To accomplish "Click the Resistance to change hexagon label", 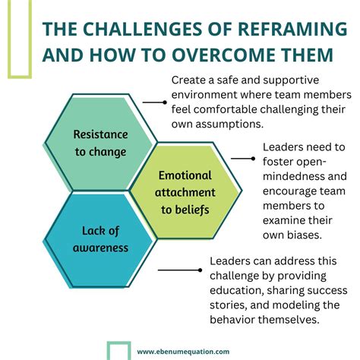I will pyautogui.click(x=99, y=142).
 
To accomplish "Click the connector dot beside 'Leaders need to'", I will pyautogui.click(x=254, y=158).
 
